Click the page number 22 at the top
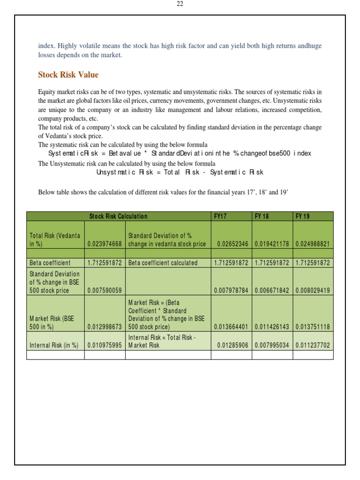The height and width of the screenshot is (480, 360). click(x=180, y=4)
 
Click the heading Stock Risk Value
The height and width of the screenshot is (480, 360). click(x=68, y=75)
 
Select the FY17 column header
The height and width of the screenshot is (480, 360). click(x=220, y=216)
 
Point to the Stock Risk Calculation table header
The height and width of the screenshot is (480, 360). click(x=118, y=216)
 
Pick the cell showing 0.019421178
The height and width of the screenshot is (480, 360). click(x=272, y=244)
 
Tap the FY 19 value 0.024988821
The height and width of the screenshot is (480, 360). click(x=313, y=244)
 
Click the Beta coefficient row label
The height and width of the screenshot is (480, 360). click(x=50, y=263)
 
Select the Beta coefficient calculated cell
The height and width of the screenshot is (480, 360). click(x=163, y=263)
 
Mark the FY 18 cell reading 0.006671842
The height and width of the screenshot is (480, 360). click(x=272, y=290)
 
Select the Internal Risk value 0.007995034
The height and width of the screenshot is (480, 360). click(x=272, y=345)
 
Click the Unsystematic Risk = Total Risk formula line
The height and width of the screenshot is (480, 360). click(x=180, y=172)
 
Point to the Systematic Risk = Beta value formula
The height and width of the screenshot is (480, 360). click(x=180, y=154)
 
